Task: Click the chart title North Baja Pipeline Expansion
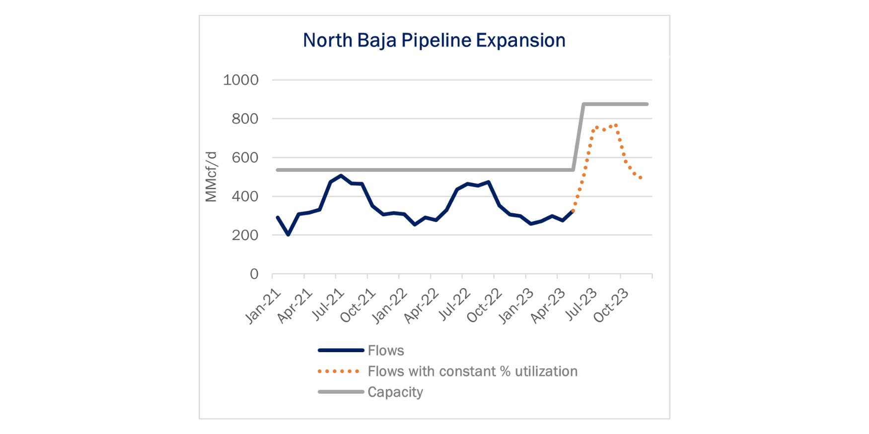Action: [434, 40]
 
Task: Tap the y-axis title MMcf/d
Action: [211, 177]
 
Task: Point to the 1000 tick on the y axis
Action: [241, 80]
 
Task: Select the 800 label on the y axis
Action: [245, 119]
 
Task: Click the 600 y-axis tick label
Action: [245, 157]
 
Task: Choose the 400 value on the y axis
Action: [245, 196]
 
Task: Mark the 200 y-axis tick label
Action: [245, 235]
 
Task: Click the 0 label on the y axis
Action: [254, 274]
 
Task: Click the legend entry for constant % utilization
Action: [448, 372]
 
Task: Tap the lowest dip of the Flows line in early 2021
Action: [289, 234]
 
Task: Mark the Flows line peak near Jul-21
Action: [341, 175]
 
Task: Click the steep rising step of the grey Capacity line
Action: [579, 137]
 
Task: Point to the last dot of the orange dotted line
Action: [641, 178]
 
